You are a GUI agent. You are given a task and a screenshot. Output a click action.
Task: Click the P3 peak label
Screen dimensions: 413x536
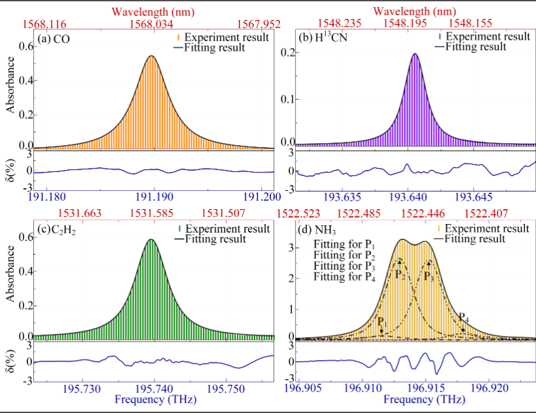(428, 276)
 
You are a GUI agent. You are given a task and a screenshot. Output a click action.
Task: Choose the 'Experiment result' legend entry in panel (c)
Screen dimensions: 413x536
(226, 229)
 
